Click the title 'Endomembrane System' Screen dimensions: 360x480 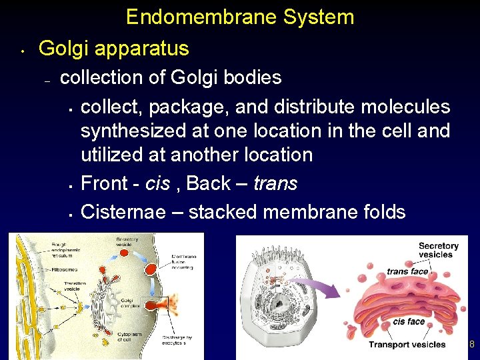(x=240, y=17)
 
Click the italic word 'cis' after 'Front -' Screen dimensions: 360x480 (x=158, y=183)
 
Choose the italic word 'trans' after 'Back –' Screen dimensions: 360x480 (x=275, y=183)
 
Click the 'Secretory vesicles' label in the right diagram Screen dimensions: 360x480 (x=438, y=250)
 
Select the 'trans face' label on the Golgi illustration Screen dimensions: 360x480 (x=407, y=271)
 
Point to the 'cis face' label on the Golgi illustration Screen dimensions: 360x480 (x=409, y=321)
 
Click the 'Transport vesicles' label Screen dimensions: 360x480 (x=407, y=345)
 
